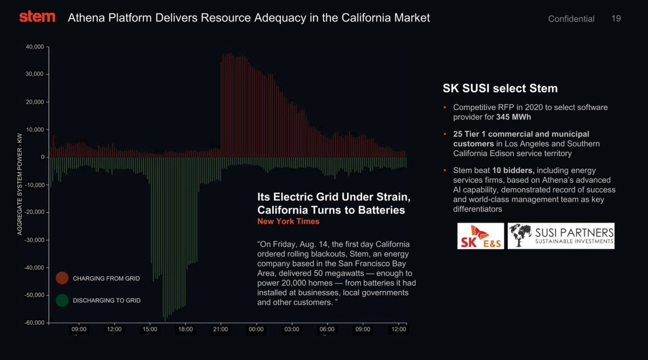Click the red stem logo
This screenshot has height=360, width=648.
tap(37, 17)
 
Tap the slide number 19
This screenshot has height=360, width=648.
tap(616, 18)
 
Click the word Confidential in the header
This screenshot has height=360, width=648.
tap(571, 19)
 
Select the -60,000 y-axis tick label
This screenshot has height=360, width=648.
tap(34, 323)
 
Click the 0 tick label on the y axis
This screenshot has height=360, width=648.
tap(42, 157)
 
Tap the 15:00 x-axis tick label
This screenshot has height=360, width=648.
tap(150, 329)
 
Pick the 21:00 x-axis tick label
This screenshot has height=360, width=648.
tap(220, 329)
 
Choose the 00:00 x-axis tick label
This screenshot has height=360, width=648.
tap(256, 329)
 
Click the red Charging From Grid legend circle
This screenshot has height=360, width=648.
tap(62, 278)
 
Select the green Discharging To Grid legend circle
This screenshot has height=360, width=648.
tap(62, 300)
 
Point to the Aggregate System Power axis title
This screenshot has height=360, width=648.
tap(19, 184)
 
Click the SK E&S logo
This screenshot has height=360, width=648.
tap(480, 236)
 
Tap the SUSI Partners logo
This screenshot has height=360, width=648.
tap(561, 236)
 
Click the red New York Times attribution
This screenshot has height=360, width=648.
tap(288, 221)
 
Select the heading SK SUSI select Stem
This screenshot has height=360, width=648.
tap(500, 88)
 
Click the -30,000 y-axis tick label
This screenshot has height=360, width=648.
tap(34, 240)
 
